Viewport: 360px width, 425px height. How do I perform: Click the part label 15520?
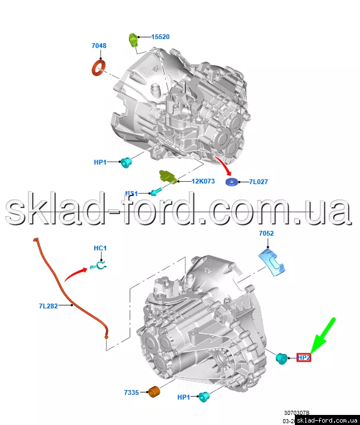(160, 37)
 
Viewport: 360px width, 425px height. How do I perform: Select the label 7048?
(99, 46)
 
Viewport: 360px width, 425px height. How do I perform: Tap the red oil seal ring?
(98, 67)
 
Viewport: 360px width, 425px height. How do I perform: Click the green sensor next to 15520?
(134, 40)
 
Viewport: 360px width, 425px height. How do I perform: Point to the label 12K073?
(202, 181)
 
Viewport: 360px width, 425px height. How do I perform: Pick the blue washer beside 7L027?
(231, 181)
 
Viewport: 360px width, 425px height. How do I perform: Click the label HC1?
(100, 247)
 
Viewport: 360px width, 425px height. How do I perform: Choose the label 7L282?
(49, 306)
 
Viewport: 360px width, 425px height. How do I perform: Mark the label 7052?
(266, 234)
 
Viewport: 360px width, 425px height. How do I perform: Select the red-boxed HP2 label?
(304, 358)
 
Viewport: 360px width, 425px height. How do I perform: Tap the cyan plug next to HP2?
(282, 357)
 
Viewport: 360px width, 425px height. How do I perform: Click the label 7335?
(131, 392)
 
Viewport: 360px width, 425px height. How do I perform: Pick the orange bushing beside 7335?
(155, 392)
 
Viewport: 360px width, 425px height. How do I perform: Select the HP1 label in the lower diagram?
(185, 398)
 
